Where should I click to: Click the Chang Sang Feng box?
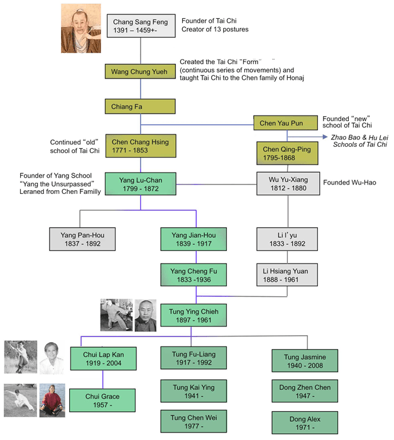tap(141, 26)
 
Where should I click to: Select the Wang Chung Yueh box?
tap(140, 72)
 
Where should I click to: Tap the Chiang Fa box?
tap(140, 106)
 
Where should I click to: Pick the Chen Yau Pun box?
tap(285, 123)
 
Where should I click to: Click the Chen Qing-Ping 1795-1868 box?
tap(287, 153)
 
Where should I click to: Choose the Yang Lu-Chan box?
tap(141, 184)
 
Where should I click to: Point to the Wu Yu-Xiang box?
tap(288, 183)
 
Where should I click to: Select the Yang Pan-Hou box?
tap(82, 239)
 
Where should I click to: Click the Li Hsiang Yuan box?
tap(287, 275)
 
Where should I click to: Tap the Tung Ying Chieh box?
tap(194, 315)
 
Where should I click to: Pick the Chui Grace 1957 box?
tap(102, 400)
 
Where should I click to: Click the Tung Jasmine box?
tap(305, 361)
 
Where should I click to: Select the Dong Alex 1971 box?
tap(305, 423)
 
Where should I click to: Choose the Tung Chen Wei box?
tap(194, 421)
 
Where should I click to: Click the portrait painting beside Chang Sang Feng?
tap(81, 28)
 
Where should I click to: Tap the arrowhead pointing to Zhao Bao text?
tap(325, 137)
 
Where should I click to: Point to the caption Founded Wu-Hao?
tap(349, 183)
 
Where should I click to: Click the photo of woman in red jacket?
tap(52, 400)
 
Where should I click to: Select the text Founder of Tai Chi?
tap(209, 21)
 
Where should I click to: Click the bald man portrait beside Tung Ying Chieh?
tap(146, 316)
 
